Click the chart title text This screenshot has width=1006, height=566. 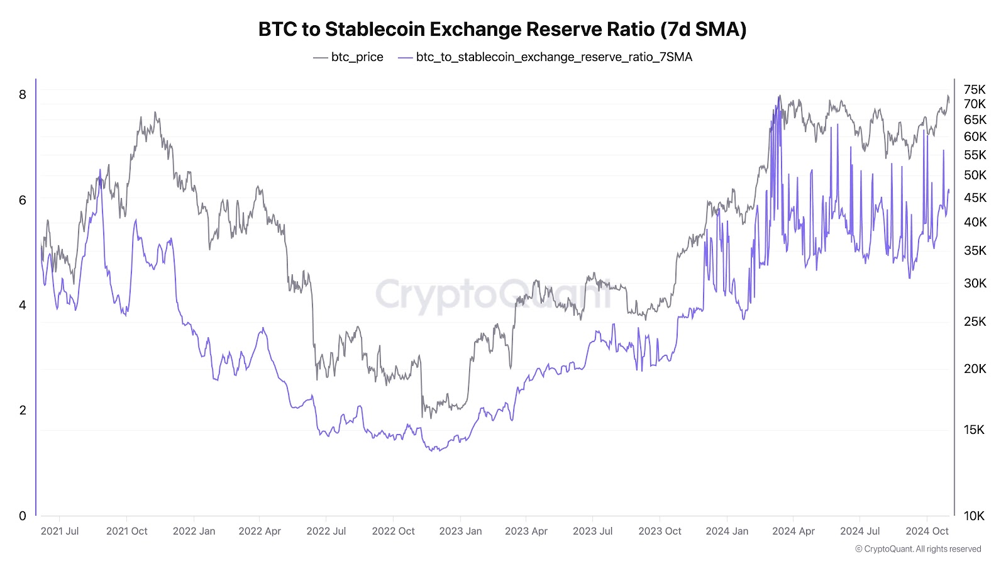(x=502, y=30)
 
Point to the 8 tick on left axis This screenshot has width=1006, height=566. (x=23, y=95)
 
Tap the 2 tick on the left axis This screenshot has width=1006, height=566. (x=23, y=410)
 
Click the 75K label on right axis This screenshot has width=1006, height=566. (x=975, y=89)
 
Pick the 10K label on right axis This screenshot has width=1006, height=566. (x=974, y=516)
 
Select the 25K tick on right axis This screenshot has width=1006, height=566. (x=975, y=321)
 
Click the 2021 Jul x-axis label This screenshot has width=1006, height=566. (x=60, y=531)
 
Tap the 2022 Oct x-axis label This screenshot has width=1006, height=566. (x=393, y=531)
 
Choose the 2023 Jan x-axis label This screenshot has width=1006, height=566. (x=460, y=531)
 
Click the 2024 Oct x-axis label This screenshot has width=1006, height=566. (x=927, y=531)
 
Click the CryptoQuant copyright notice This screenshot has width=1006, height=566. (x=918, y=549)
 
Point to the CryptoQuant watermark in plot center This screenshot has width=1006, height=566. (x=494, y=294)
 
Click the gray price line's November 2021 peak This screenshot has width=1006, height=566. (x=155, y=113)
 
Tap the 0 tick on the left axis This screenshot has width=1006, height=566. (x=23, y=516)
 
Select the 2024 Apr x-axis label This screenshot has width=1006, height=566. (x=793, y=531)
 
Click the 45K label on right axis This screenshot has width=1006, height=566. (x=975, y=197)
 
